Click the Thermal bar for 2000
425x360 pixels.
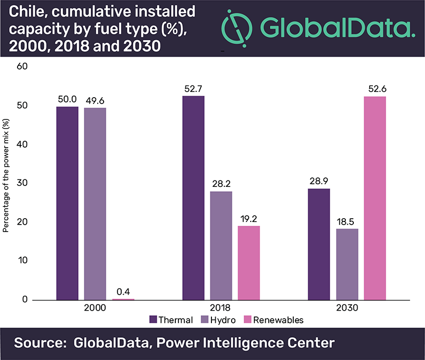coord(67,203)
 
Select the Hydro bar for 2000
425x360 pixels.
coord(95,204)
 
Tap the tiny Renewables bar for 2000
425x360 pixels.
coord(123,299)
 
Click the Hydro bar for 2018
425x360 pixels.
coord(221,245)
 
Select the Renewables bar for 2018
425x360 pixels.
coord(249,263)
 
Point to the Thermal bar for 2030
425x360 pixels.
coord(319,244)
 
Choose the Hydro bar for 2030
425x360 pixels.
coord(347,264)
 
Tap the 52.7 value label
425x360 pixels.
coord(193,88)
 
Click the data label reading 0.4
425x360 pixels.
coord(123,292)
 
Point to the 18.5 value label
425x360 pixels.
coord(347,221)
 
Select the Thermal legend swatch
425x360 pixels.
coord(154,320)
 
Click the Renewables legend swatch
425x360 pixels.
coord(247,320)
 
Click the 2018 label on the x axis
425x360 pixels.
coord(222,308)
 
